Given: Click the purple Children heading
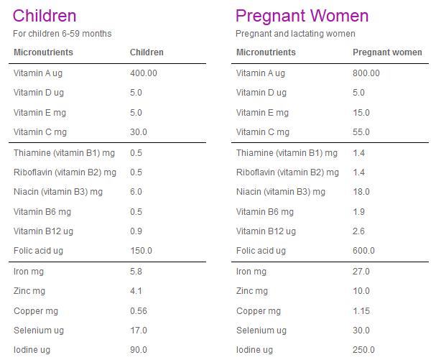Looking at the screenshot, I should pyautogui.click(x=45, y=15).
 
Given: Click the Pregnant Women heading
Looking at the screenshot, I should pyautogui.click(x=302, y=15).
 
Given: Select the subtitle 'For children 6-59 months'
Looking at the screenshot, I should pyautogui.click(x=62, y=34).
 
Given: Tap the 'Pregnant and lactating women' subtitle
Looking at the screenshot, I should pyautogui.click(x=295, y=34).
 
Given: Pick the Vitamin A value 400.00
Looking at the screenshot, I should pyautogui.click(x=144, y=73).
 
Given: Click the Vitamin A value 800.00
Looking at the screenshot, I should pyautogui.click(x=366, y=73).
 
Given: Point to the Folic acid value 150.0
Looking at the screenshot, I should pyautogui.click(x=141, y=251).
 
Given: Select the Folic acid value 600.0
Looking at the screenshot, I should pyautogui.click(x=363, y=251).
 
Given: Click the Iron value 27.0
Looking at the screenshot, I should pyautogui.click(x=361, y=272).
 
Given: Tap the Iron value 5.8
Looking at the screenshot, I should pyautogui.click(x=136, y=272).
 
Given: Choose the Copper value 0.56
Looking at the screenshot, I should pyautogui.click(x=139, y=311).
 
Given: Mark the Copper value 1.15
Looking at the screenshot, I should pyautogui.click(x=361, y=311).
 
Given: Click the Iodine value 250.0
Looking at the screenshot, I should pyautogui.click(x=363, y=350).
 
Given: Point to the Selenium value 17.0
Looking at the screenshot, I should pyautogui.click(x=139, y=331).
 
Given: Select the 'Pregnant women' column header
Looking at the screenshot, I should pyautogui.click(x=387, y=52).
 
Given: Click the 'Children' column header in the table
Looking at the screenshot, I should pyautogui.click(x=147, y=52).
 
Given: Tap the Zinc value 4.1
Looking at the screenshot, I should pyautogui.click(x=136, y=291).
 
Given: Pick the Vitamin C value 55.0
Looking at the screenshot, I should pyautogui.click(x=361, y=132).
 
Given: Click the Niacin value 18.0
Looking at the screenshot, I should pyautogui.click(x=361, y=192).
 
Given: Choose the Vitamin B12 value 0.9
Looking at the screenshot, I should pyautogui.click(x=136, y=231).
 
